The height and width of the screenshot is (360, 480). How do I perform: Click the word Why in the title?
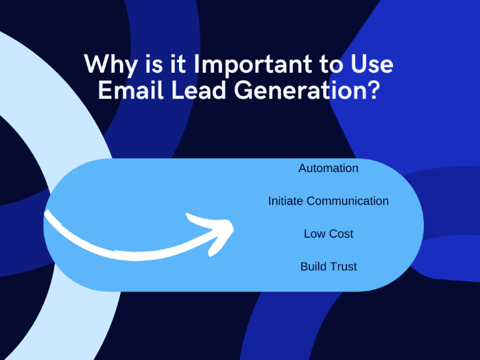click(x=111, y=65)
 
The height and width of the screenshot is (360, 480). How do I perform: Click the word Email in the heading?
click(x=131, y=90)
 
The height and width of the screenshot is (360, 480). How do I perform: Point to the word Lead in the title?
click(x=199, y=90)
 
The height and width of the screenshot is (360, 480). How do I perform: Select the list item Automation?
click(x=328, y=168)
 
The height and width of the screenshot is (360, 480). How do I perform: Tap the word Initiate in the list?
click(x=286, y=201)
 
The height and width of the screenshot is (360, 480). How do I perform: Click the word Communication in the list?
click(x=348, y=201)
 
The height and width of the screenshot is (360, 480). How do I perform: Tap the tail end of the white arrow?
click(x=46, y=212)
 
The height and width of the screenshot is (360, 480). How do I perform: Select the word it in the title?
click(x=178, y=65)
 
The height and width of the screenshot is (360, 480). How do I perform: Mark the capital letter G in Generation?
click(x=243, y=90)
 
